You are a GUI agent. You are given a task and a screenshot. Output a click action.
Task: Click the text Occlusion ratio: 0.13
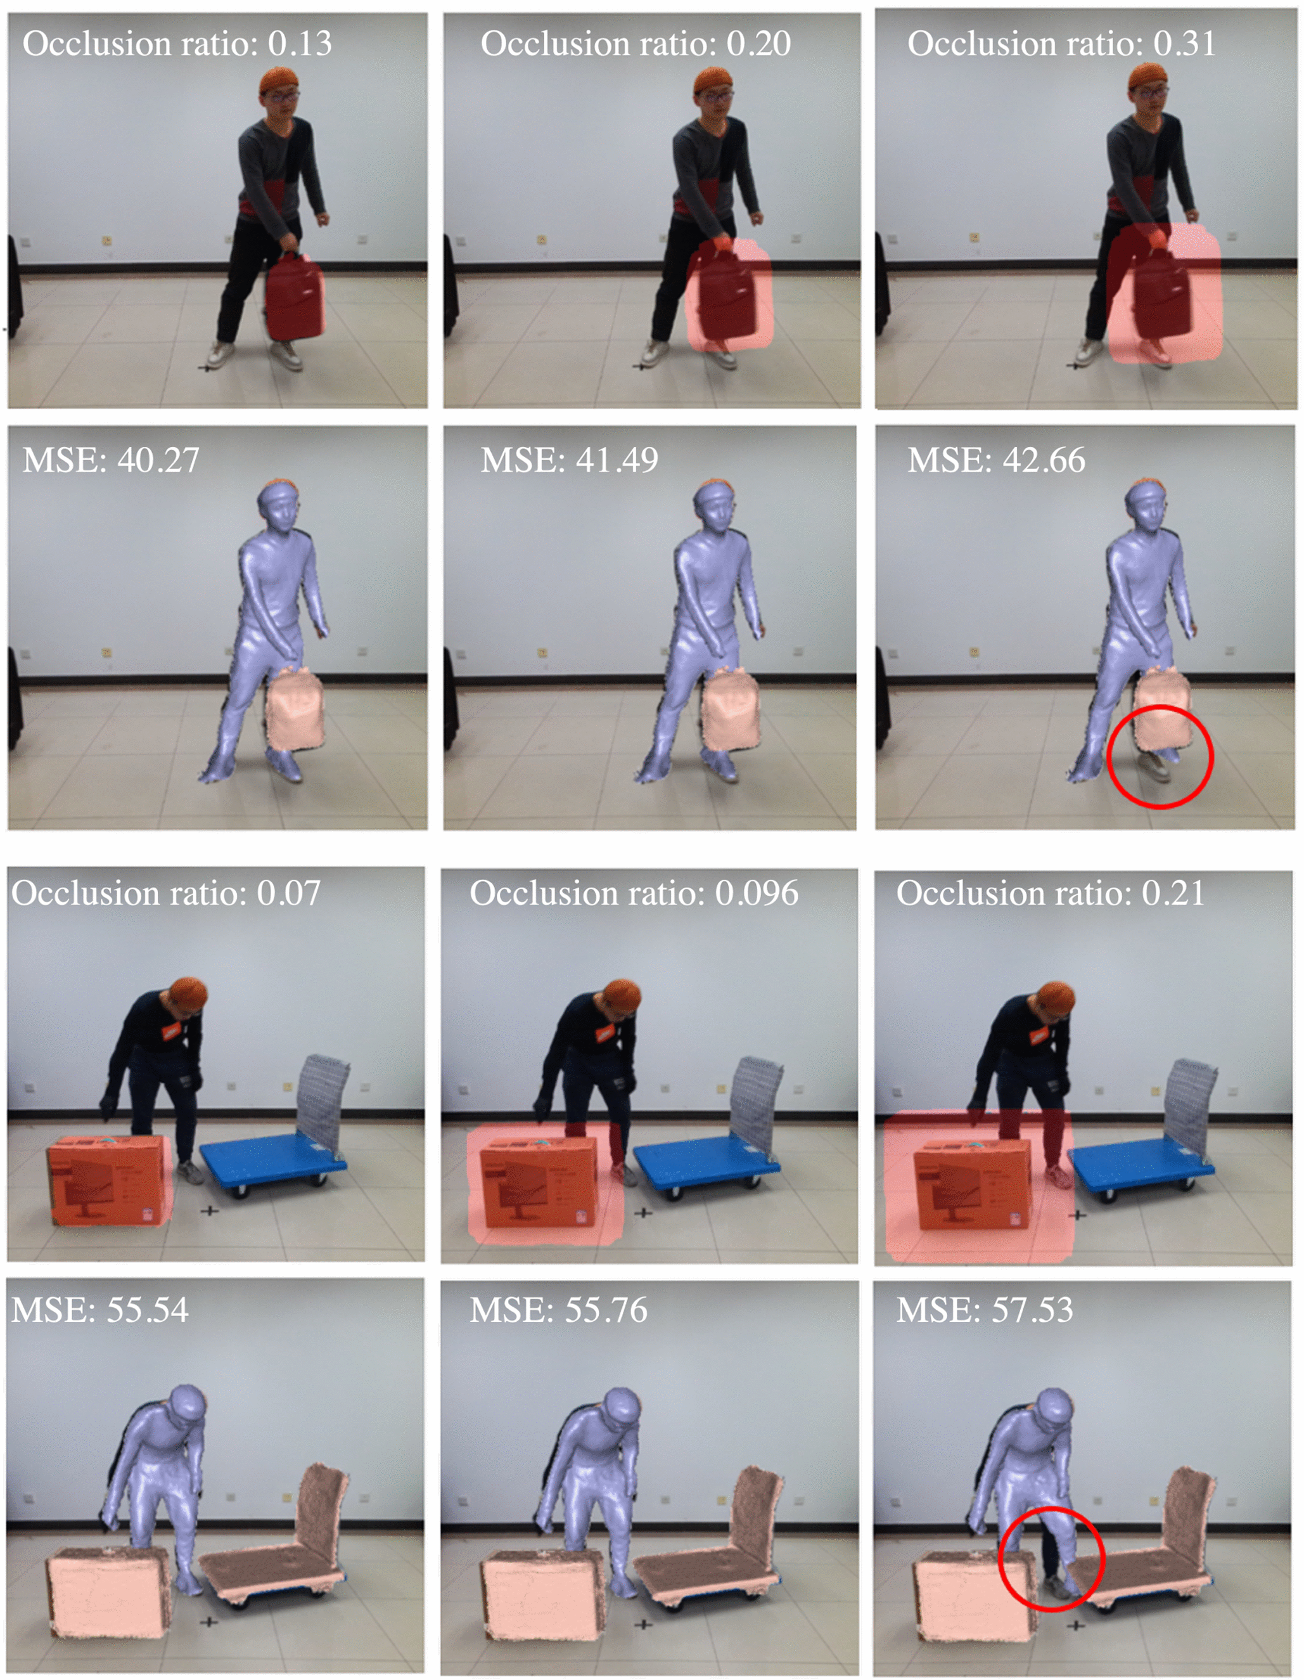(x=177, y=43)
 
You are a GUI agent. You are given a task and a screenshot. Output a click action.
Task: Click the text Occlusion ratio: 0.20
(x=635, y=43)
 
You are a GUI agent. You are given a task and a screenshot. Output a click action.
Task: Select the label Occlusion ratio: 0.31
(x=1061, y=43)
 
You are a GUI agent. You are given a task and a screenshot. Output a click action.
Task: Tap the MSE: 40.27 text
(x=111, y=460)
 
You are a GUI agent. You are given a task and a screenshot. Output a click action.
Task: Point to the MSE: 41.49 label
(x=569, y=460)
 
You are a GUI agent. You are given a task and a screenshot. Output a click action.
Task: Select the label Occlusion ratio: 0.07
(x=165, y=893)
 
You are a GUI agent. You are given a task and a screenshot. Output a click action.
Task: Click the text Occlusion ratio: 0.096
(x=634, y=893)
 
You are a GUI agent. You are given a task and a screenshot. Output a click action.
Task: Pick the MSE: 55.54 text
(x=100, y=1309)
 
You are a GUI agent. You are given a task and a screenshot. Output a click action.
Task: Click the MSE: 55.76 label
(x=558, y=1309)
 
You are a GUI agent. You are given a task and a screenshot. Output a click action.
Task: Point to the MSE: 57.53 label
(x=984, y=1309)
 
